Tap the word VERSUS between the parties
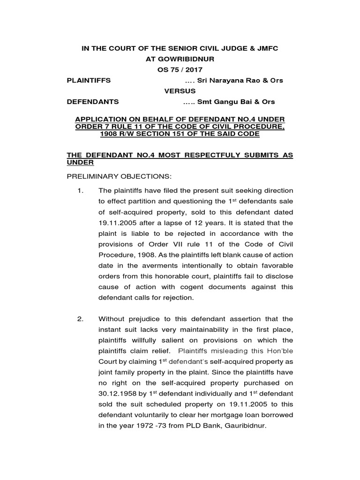click(180, 91)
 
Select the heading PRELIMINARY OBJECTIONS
click(120, 176)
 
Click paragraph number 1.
click(80, 191)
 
